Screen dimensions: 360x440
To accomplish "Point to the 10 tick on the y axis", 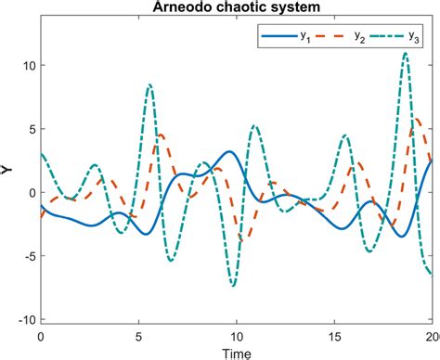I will [x=29, y=66].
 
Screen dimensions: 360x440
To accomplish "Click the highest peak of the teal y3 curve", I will [x=406, y=54].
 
